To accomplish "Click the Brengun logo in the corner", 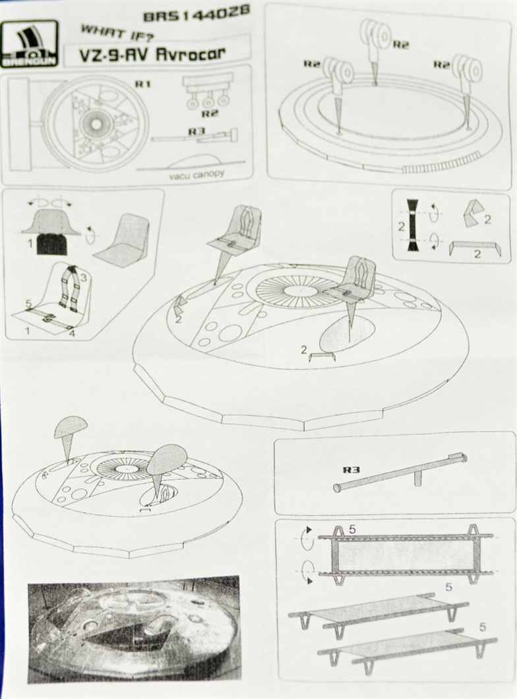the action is [30, 44].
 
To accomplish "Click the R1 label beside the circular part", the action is [142, 84].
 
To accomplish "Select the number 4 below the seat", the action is [73, 333].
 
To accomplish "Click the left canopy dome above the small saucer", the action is [69, 427].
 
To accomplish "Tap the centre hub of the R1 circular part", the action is [95, 123].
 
